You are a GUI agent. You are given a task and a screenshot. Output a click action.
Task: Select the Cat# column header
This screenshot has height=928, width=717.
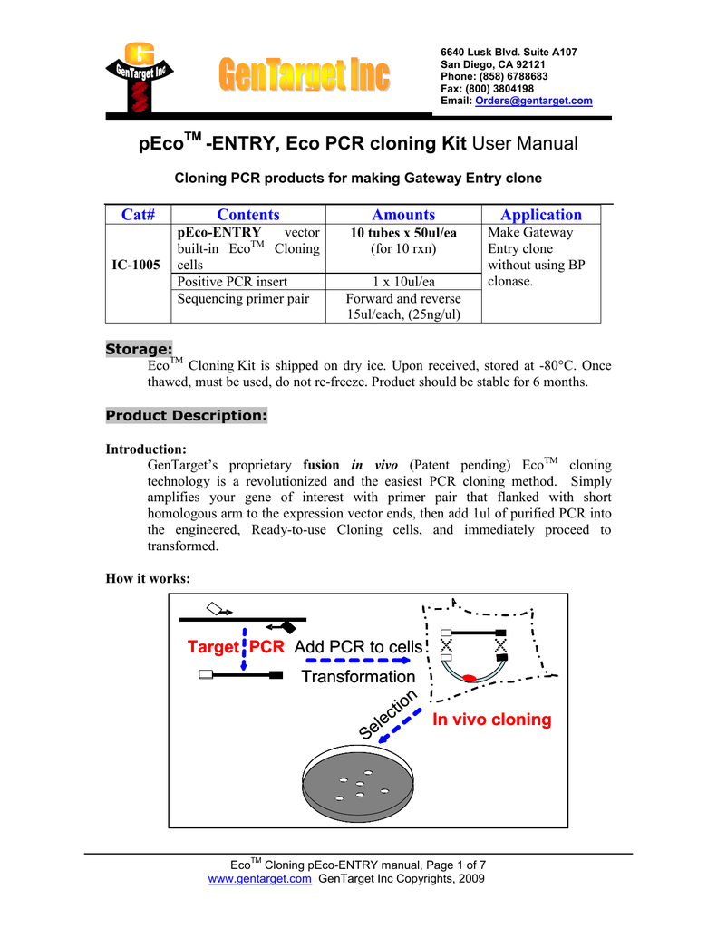(139, 215)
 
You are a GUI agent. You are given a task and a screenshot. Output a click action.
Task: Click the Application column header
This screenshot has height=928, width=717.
(541, 215)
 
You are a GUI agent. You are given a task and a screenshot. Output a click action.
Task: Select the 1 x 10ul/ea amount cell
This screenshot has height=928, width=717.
(403, 282)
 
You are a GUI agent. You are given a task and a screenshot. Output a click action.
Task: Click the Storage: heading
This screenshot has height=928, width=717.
(139, 349)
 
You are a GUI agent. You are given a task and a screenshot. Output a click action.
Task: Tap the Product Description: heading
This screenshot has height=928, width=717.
(187, 416)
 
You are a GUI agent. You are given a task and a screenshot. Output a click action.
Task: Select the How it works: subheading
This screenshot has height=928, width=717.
(148, 580)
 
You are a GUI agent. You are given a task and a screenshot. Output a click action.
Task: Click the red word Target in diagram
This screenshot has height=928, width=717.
(212, 648)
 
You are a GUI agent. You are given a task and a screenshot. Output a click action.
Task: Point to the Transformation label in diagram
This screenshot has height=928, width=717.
(357, 677)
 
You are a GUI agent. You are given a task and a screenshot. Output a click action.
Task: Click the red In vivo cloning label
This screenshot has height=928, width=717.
(491, 720)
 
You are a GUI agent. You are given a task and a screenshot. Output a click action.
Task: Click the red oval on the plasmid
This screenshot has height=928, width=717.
(470, 678)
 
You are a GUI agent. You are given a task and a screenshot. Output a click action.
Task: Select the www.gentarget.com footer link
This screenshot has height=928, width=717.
(260, 879)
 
